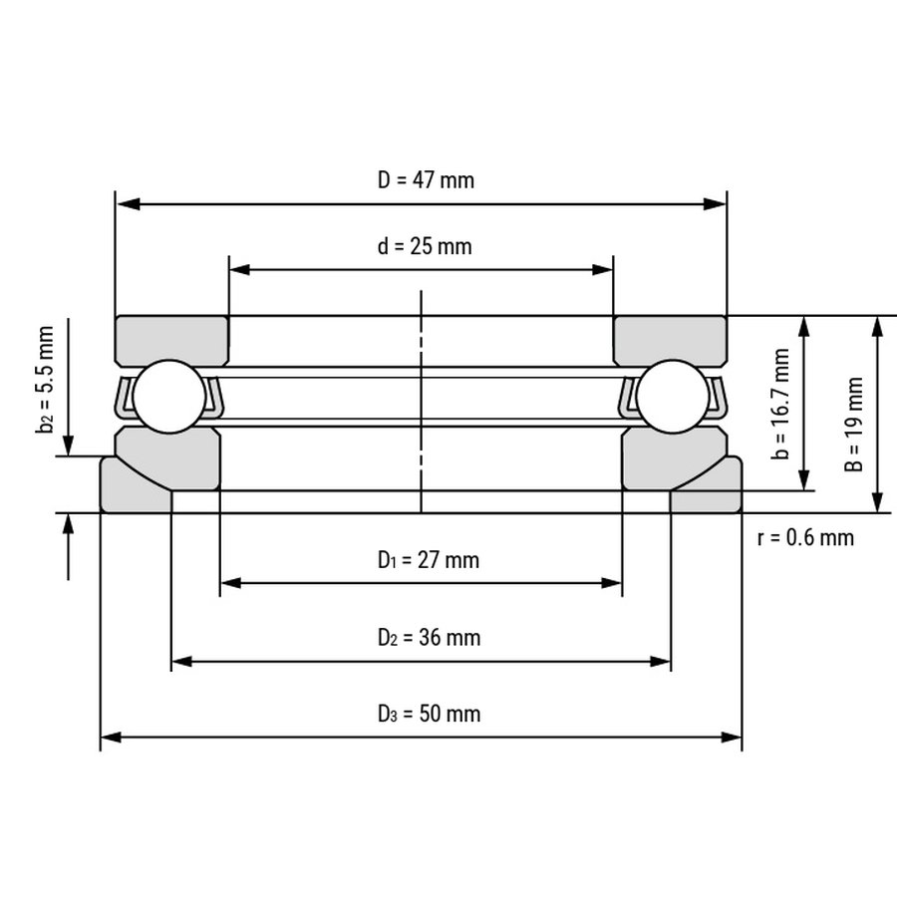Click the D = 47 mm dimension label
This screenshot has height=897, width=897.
426,180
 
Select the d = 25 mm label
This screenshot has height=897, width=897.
425,246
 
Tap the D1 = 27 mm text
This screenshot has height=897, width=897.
429,560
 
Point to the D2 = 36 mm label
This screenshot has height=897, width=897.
429,637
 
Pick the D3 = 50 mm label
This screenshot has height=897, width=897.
429,714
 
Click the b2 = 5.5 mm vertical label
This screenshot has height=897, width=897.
45,380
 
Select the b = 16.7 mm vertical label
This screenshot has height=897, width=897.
780,404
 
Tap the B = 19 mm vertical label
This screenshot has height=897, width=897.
853,425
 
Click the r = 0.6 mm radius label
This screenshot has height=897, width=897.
805,538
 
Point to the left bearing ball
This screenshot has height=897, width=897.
169,397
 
